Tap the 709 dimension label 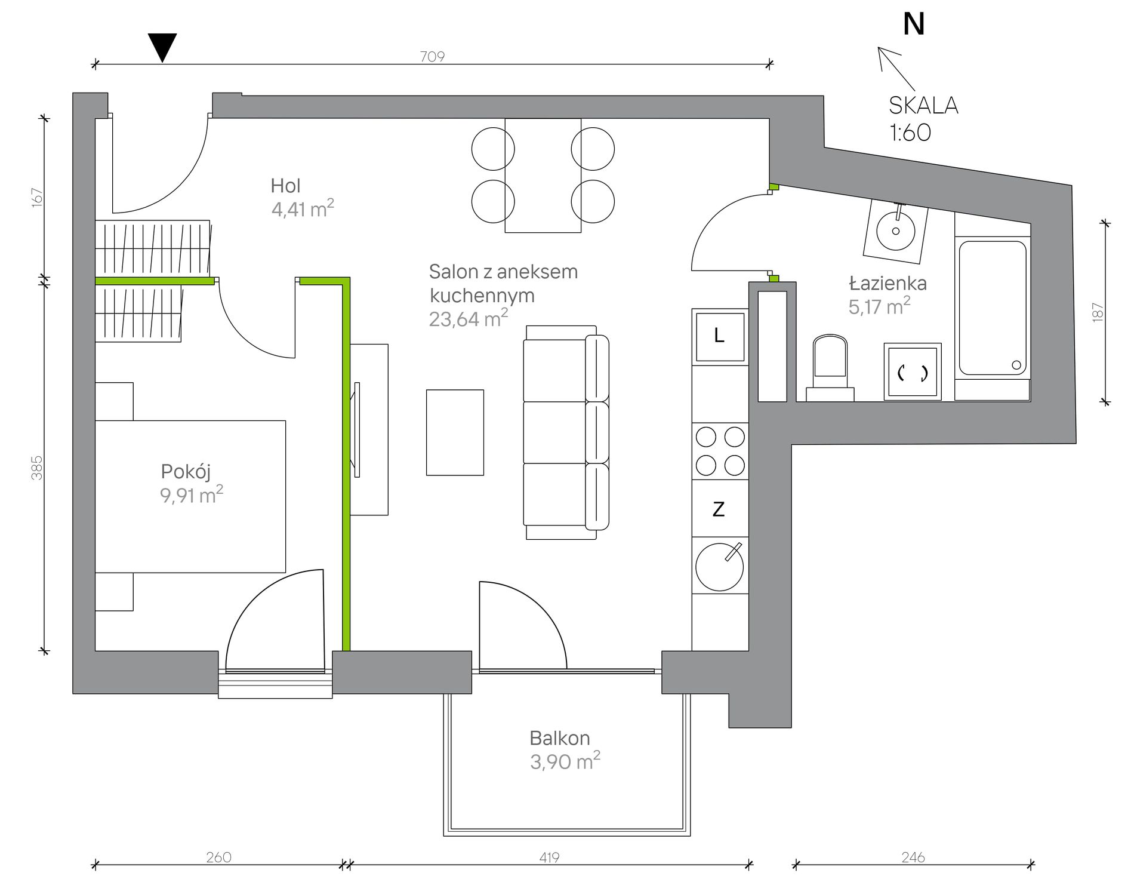click(432, 56)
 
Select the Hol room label click(285, 186)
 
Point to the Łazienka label click(888, 282)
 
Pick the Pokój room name click(186, 471)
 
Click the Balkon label click(560, 738)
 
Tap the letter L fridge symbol click(719, 336)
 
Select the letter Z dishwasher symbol click(719, 509)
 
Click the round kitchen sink click(719, 567)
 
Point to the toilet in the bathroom click(830, 368)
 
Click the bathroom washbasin click(896, 230)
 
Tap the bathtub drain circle click(1016, 365)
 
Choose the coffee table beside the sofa click(455, 432)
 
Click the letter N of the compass click(914, 24)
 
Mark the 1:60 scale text click(910, 133)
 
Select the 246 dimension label click(913, 858)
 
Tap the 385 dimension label click(37, 468)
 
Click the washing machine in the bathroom click(913, 371)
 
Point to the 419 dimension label click(549, 858)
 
